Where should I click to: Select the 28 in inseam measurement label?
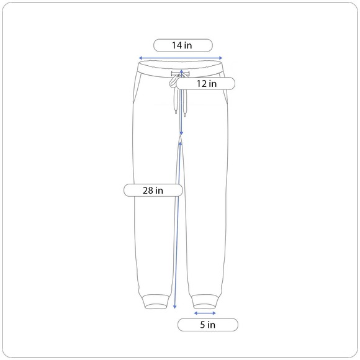[153, 191]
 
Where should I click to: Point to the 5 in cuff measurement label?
[208, 325]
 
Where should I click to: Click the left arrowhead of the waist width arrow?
[140, 58]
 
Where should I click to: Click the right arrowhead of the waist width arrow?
[220, 58]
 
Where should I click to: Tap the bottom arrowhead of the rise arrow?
[181, 133]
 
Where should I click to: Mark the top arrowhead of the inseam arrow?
[180, 143]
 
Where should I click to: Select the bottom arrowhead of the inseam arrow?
[174, 307]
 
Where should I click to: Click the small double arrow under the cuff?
[205, 313]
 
